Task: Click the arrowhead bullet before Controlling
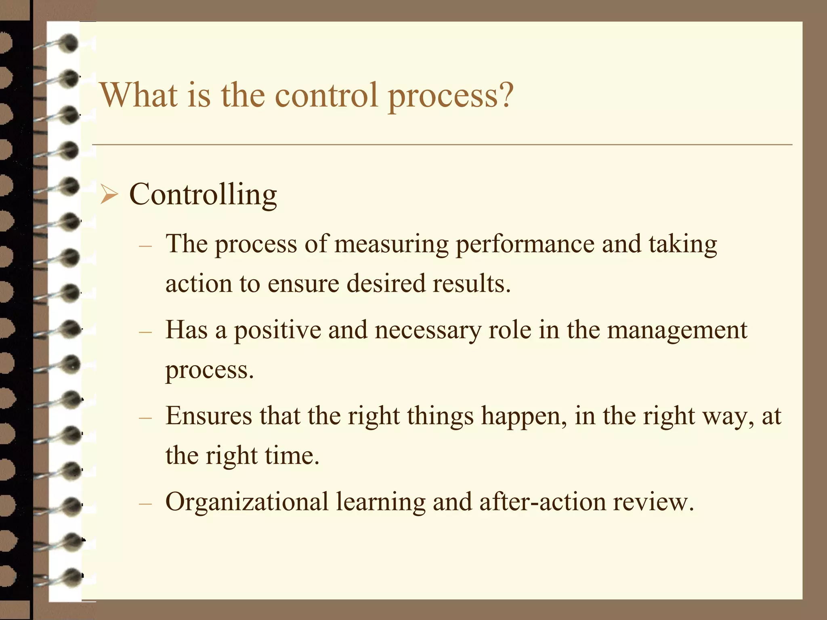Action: pos(109,195)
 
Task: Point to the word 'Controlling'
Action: pos(203,195)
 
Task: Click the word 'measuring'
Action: pos(391,244)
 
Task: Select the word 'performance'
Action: pos(525,244)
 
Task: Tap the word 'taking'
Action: pos(683,244)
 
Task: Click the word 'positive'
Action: pos(277,330)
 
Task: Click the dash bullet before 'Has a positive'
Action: pos(145,332)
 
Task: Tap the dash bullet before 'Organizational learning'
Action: pos(145,504)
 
